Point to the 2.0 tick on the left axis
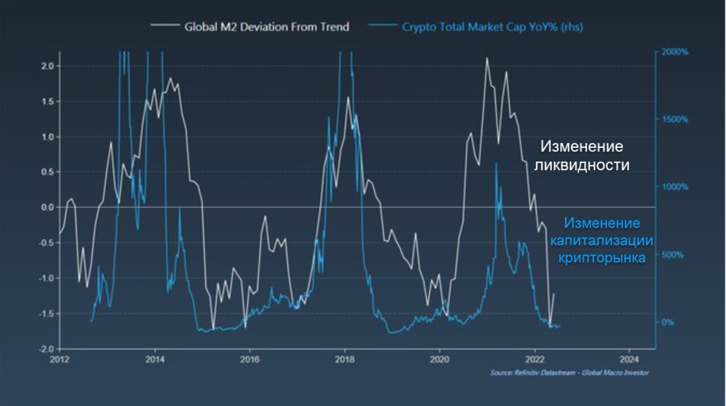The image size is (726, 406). pyautogui.click(x=47, y=66)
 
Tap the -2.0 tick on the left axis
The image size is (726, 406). pyautogui.click(x=45, y=349)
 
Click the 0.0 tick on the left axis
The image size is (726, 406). pyautogui.click(x=47, y=207)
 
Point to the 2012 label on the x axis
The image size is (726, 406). pyautogui.click(x=60, y=359)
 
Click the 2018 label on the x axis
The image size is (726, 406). pyautogui.click(x=345, y=359)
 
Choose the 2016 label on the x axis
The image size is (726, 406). pyautogui.click(x=250, y=359)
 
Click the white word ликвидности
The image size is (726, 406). pyautogui.click(x=581, y=165)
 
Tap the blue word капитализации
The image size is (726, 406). pyautogui.click(x=602, y=240)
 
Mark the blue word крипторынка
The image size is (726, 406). pyautogui.click(x=602, y=257)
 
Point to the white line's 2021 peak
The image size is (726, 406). pyautogui.click(x=487, y=58)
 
